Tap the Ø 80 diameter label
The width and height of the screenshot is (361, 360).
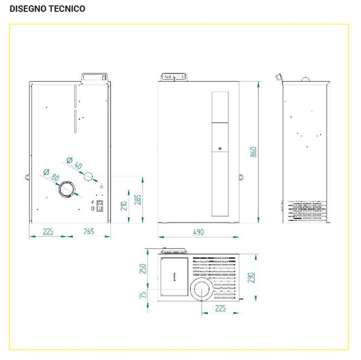[x=50, y=176]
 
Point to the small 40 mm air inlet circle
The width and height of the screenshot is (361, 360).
[x=88, y=176]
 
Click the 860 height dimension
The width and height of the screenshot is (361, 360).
[x=253, y=152]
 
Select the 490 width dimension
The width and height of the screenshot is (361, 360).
[x=198, y=232]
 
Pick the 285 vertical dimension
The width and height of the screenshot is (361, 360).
[x=138, y=199]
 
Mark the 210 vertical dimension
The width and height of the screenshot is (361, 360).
[x=124, y=206]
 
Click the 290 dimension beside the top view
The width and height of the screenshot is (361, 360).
[x=251, y=278]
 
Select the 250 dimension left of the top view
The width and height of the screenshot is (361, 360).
[x=144, y=268]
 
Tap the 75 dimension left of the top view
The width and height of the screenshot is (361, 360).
[x=144, y=294]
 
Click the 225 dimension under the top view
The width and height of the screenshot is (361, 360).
[x=221, y=308]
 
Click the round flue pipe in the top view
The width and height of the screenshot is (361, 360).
[x=202, y=291]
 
